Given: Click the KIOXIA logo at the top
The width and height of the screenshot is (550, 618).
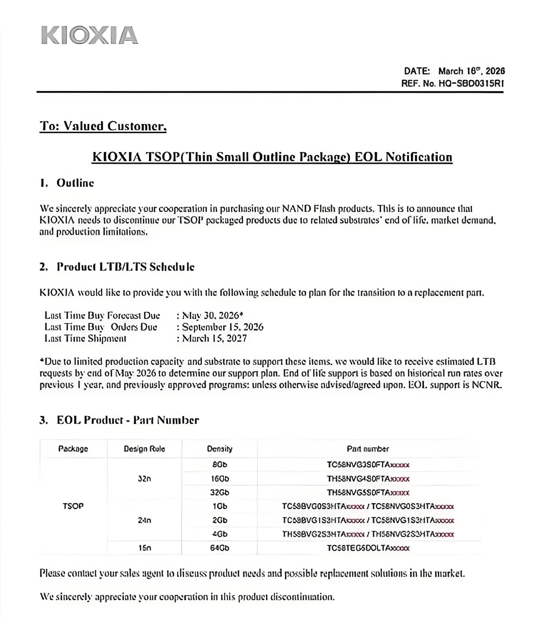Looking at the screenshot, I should (x=90, y=36).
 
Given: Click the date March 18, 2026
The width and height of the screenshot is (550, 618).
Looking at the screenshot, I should (x=471, y=71).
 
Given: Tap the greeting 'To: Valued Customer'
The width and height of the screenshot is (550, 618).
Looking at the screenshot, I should (x=103, y=126).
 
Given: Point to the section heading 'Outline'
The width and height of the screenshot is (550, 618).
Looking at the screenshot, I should (x=75, y=183).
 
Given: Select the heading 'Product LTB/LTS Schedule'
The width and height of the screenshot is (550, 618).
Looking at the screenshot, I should (x=125, y=267).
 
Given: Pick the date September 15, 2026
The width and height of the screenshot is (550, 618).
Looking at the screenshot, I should (x=223, y=327).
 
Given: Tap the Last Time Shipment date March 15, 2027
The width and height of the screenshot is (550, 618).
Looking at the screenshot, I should (x=214, y=338).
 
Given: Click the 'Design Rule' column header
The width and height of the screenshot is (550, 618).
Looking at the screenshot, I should (x=144, y=449).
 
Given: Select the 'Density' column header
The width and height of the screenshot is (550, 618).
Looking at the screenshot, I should (x=219, y=449).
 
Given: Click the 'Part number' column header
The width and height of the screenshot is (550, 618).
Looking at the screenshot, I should (x=368, y=449).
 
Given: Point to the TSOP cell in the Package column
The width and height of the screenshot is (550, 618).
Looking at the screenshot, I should (x=73, y=506).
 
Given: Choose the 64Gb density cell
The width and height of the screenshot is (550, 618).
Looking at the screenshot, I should (x=219, y=548).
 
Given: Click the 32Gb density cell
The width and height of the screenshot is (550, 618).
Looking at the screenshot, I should (x=219, y=492).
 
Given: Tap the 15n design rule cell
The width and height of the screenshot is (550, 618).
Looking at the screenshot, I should (x=144, y=548).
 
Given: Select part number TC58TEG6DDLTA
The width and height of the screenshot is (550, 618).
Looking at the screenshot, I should (x=368, y=548).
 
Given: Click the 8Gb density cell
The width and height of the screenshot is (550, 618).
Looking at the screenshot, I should (x=219, y=465).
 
